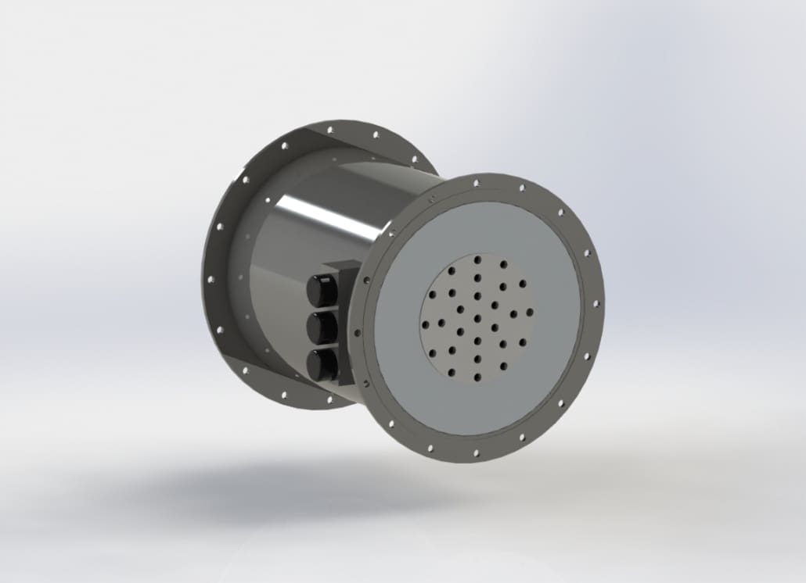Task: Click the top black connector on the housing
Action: click(x=321, y=290)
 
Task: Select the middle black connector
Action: click(x=321, y=327)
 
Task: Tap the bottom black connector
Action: click(x=322, y=363)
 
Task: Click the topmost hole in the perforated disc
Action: click(x=477, y=259)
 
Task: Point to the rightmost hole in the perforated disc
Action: click(x=530, y=311)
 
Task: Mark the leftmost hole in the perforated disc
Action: click(x=423, y=324)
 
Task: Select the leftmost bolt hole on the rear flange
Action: click(x=210, y=277)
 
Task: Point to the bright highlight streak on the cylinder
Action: click(x=329, y=214)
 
